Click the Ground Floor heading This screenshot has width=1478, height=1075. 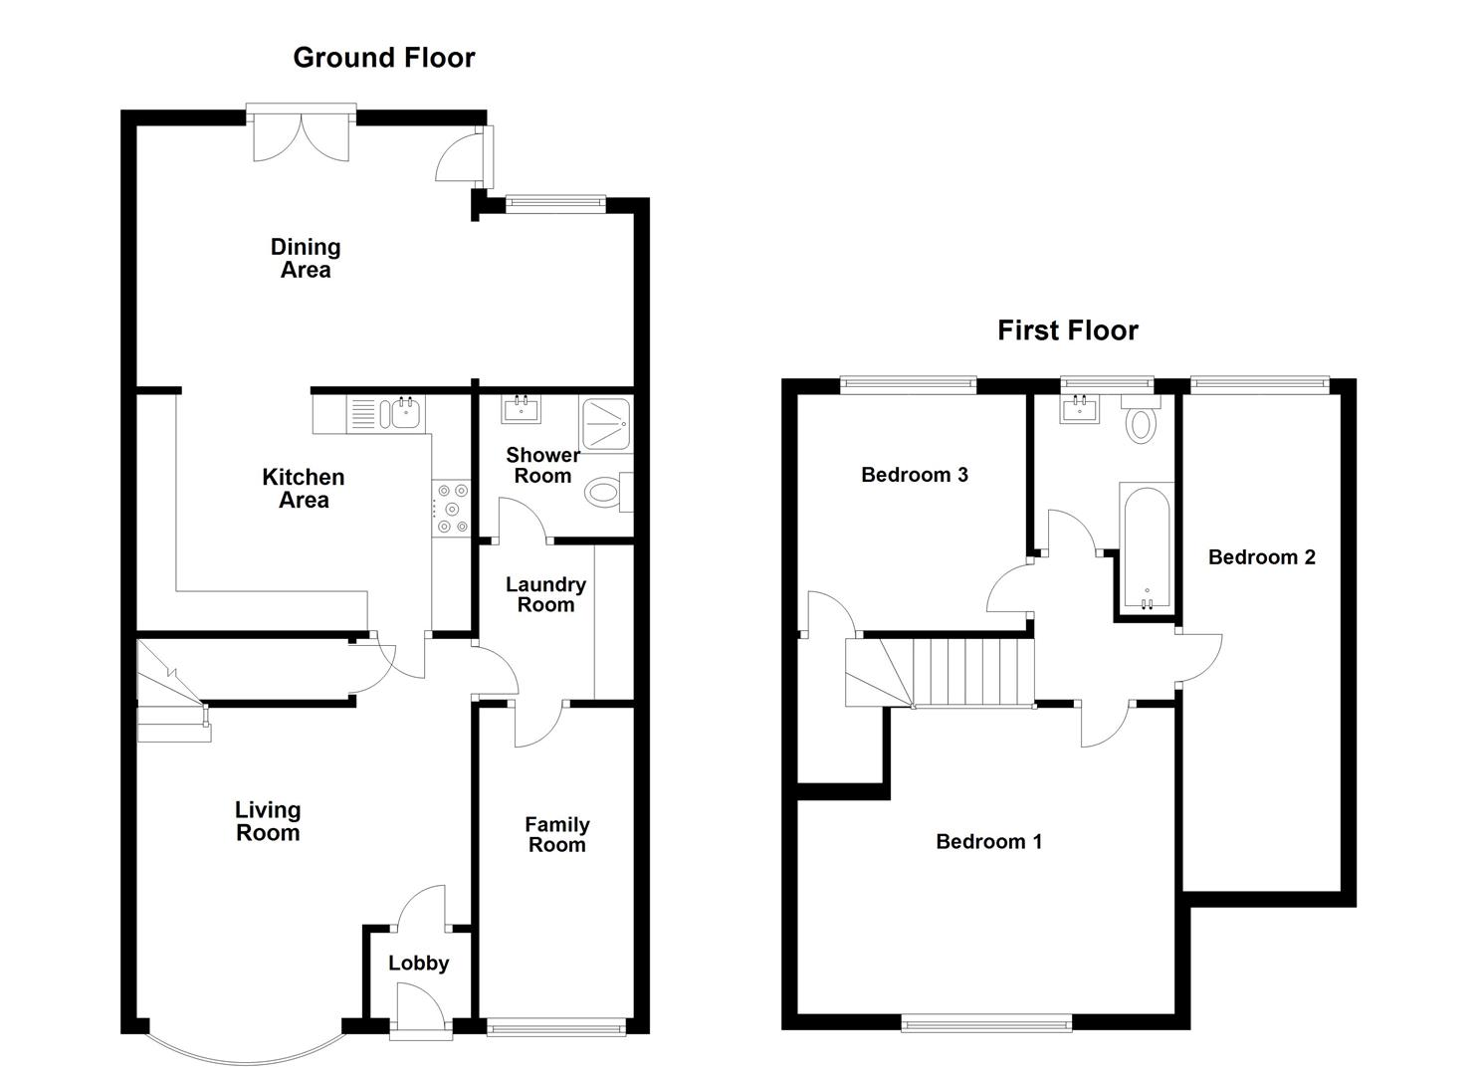click(x=383, y=58)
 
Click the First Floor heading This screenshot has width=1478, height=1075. click(x=1067, y=330)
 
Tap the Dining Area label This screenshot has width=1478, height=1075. click(x=306, y=258)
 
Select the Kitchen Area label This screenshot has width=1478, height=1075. click(x=304, y=489)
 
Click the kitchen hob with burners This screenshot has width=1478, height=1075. click(x=451, y=508)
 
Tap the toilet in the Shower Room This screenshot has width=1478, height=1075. click(x=606, y=492)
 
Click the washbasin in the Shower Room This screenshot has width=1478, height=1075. click(x=520, y=408)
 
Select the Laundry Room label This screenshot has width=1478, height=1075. click(x=545, y=594)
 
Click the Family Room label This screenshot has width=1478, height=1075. click(x=557, y=834)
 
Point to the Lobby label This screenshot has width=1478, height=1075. click(x=418, y=963)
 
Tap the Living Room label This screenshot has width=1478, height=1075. click(x=268, y=821)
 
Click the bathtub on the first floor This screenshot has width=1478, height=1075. click(x=1146, y=546)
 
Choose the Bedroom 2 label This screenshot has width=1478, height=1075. click(x=1261, y=557)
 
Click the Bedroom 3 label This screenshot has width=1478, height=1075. click(x=914, y=475)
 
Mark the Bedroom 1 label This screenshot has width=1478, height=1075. click(x=988, y=842)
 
